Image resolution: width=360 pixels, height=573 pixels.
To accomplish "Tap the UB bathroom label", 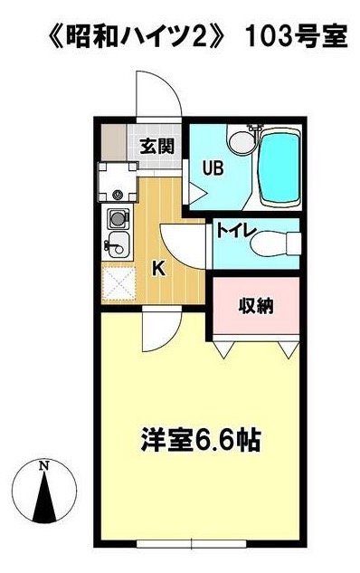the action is click(x=213, y=169).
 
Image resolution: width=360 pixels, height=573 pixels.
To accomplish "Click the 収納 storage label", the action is click(x=256, y=306).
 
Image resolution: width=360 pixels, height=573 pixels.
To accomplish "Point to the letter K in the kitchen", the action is click(x=158, y=270).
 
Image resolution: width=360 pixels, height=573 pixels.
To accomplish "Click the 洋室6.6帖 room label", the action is click(x=200, y=440).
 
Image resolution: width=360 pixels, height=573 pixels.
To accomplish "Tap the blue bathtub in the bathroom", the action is click(x=279, y=167).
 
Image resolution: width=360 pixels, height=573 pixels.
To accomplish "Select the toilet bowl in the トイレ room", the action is click(x=275, y=244).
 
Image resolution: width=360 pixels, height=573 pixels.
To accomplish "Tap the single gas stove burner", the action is click(x=118, y=218).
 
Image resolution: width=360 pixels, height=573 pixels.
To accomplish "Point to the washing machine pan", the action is click(x=118, y=182).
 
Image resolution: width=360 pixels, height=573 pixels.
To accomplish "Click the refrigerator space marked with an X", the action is click(x=118, y=283).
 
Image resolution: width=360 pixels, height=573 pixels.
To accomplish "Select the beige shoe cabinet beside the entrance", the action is click(x=114, y=143).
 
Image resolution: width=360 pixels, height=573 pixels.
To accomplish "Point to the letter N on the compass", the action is click(x=44, y=465).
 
